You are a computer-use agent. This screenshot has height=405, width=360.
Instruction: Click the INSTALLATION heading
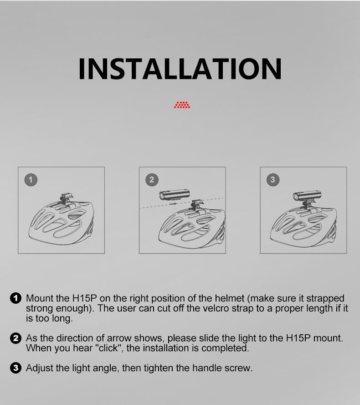click(x=180, y=69)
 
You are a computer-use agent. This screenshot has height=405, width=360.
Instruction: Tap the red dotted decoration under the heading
click(x=182, y=105)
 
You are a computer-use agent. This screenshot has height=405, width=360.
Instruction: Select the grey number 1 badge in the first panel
click(x=31, y=180)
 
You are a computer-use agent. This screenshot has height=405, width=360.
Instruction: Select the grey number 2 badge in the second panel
click(x=152, y=180)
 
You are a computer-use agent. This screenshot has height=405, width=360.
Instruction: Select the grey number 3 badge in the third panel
click(x=273, y=180)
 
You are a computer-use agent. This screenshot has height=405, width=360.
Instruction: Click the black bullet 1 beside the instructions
click(x=15, y=298)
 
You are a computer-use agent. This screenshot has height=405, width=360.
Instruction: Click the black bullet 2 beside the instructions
click(x=15, y=338)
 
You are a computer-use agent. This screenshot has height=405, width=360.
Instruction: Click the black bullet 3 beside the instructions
click(x=15, y=368)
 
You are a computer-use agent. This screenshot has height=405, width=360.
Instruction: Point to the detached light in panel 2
click(x=175, y=195)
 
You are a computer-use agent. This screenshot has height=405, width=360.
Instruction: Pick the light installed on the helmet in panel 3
click(x=307, y=196)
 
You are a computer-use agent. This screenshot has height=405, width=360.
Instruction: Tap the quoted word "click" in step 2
click(x=108, y=348)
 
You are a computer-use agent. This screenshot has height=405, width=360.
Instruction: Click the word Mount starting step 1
click(x=40, y=298)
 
